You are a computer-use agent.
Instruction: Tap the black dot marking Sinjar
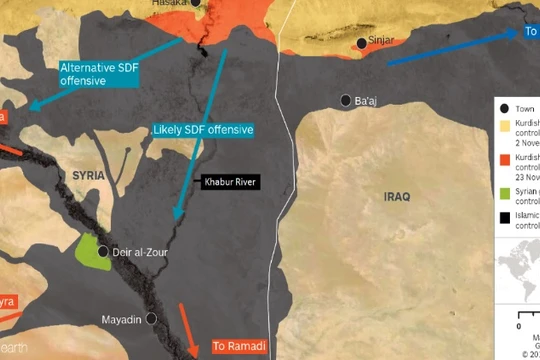[361, 43]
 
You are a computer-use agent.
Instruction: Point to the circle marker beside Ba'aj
[346, 100]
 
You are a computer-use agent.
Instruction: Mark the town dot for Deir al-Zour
[102, 252]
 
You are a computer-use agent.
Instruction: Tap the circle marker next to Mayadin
[151, 318]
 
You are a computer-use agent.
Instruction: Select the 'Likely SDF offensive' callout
[203, 131]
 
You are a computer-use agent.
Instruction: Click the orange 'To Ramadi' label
[241, 347]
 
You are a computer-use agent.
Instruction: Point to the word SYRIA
[88, 175]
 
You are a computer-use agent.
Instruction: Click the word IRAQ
[396, 197]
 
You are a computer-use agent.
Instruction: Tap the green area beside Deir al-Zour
[91, 253]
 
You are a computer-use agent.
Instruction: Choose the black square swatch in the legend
[506, 216]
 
